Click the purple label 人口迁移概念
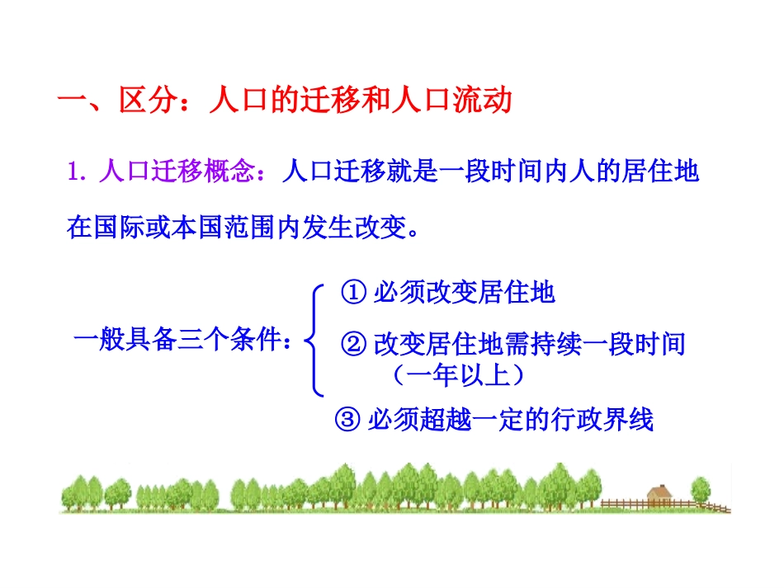tap(173, 172)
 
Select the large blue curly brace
tap(314, 340)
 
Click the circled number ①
tap(353, 293)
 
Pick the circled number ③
tap(347, 420)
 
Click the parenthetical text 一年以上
tap(457, 375)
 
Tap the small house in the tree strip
tap(659, 495)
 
